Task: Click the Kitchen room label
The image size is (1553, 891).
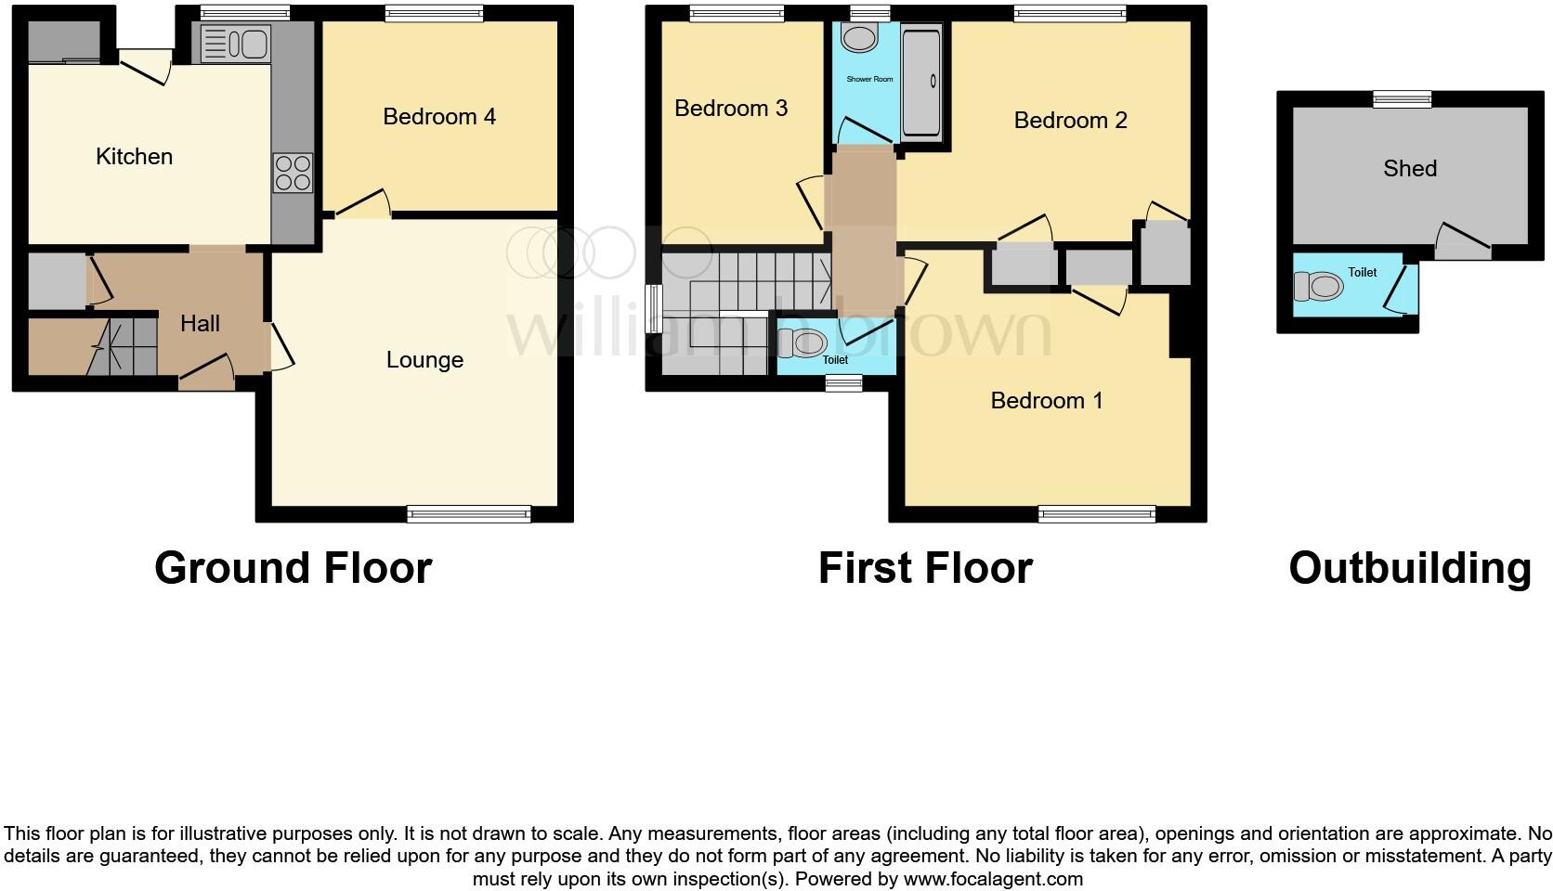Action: pyautogui.click(x=135, y=156)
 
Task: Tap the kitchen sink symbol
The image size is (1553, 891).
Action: pyautogui.click(x=235, y=44)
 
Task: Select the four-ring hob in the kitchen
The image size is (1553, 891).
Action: pyautogui.click(x=293, y=173)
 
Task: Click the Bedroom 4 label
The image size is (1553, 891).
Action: pyautogui.click(x=439, y=116)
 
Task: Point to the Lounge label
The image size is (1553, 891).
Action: pyautogui.click(x=424, y=360)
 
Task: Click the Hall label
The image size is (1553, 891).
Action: pyautogui.click(x=200, y=323)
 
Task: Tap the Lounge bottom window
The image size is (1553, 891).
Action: pyautogui.click(x=469, y=514)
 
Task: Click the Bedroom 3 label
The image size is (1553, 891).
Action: pyautogui.click(x=731, y=109)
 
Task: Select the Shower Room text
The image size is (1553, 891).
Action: pyautogui.click(x=869, y=79)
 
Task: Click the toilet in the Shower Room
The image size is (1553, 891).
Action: pyautogui.click(x=859, y=37)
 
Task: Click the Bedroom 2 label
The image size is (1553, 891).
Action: pyautogui.click(x=1070, y=120)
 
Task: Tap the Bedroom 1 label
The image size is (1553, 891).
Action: pyautogui.click(x=1046, y=400)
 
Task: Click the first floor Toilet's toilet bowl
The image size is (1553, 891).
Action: pyautogui.click(x=801, y=342)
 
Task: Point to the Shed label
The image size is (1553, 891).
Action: pyautogui.click(x=1409, y=168)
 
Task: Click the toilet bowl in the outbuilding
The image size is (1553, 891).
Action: pyautogui.click(x=1319, y=286)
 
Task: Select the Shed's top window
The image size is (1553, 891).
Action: pyautogui.click(x=1403, y=99)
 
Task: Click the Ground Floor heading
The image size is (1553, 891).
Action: pyautogui.click(x=293, y=568)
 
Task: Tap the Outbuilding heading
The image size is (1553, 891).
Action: pyautogui.click(x=1409, y=568)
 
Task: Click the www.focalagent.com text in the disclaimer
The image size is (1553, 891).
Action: pyautogui.click(x=993, y=878)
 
